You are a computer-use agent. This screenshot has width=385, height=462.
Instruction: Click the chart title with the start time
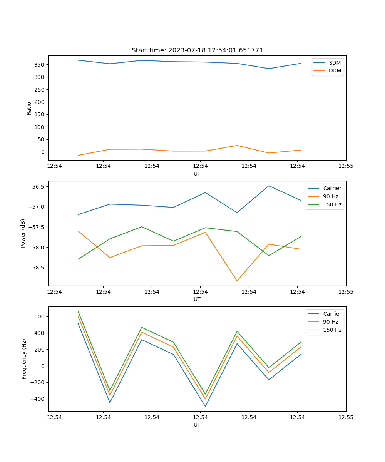tap(197, 50)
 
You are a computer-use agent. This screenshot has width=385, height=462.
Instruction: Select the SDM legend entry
tap(335, 63)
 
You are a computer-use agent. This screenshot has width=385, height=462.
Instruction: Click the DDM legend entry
tap(335, 71)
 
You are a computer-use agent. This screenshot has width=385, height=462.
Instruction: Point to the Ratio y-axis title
tap(29, 108)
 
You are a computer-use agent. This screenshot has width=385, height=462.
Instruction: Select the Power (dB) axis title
tap(23, 233)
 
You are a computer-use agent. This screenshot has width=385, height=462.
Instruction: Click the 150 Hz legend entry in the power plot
tap(332, 204)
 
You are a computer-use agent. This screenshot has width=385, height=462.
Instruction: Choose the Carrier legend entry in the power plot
tap(332, 188)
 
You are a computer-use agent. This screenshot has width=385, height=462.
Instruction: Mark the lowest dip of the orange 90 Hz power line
tap(237, 281)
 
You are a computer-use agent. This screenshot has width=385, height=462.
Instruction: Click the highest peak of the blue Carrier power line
tap(269, 186)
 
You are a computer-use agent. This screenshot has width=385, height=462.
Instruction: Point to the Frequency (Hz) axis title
tap(24, 359)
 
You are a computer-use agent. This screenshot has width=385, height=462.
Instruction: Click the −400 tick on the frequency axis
tap(37, 399)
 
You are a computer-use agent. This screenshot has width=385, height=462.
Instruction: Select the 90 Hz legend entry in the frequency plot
tap(331, 322)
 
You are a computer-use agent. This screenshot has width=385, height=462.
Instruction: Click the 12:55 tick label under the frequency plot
tap(345, 417)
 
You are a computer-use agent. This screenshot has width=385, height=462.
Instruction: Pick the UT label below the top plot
tap(197, 174)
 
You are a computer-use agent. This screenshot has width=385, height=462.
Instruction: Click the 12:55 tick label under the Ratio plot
tap(345, 166)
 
